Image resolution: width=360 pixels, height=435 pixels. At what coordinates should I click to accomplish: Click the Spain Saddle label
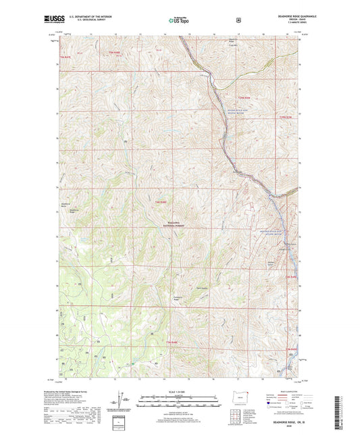(x=199, y=286)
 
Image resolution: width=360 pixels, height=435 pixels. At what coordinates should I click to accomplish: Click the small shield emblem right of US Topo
(x=237, y=20)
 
